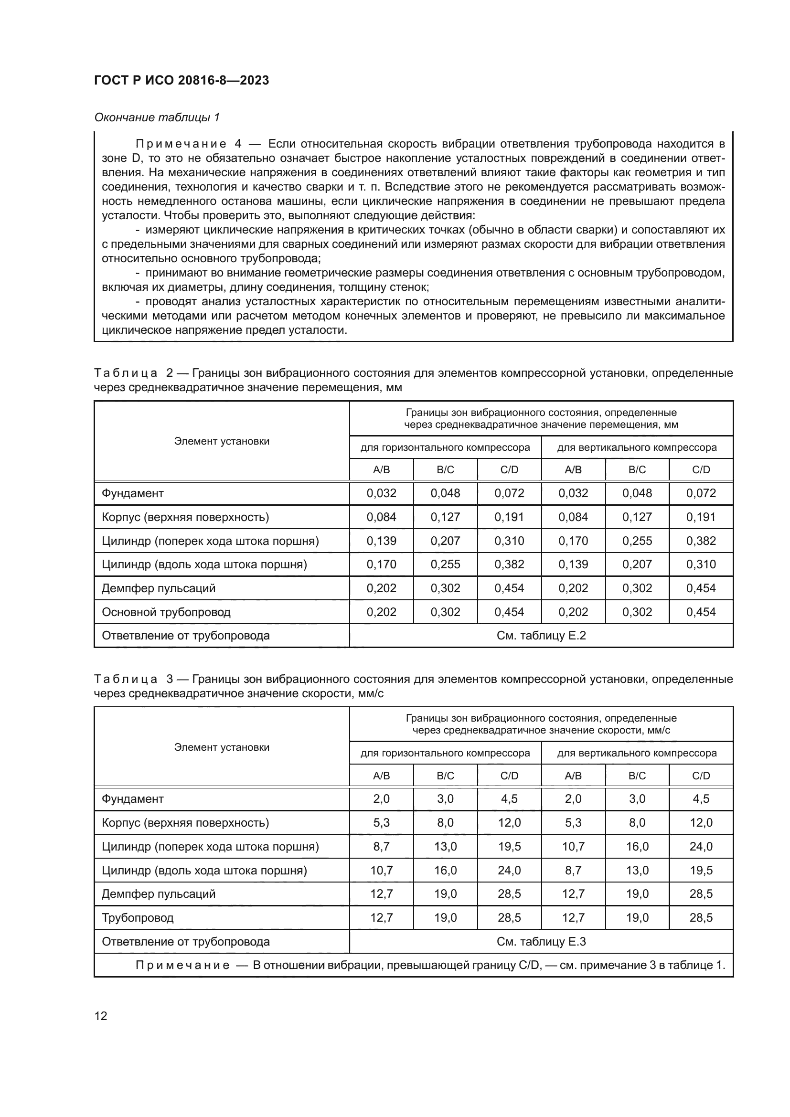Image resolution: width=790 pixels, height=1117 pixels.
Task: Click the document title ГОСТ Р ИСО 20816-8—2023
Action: (181, 80)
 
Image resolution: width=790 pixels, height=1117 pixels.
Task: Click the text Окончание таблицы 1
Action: (157, 117)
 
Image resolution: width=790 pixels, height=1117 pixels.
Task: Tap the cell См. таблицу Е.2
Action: (541, 635)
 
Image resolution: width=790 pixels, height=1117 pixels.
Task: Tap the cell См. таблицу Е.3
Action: (541, 941)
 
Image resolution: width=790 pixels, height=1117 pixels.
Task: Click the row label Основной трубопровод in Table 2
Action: (166, 612)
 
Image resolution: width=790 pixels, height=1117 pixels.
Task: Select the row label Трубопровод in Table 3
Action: (138, 917)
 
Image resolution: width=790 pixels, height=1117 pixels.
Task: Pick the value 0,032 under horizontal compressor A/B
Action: (381, 493)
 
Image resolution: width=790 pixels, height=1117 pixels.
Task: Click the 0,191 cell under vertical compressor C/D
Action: (701, 517)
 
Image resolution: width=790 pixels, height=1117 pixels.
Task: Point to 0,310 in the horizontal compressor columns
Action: (509, 541)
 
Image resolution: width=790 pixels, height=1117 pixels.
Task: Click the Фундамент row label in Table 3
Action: (133, 799)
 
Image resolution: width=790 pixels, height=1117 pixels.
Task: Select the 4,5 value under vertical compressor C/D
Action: (701, 799)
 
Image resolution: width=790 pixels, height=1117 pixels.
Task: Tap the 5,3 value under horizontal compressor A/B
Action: (381, 823)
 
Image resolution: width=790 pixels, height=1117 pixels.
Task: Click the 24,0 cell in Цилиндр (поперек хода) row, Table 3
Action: (701, 847)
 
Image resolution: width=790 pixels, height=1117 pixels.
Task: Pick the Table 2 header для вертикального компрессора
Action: (637, 447)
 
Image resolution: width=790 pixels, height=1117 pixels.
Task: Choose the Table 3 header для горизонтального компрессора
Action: (445, 753)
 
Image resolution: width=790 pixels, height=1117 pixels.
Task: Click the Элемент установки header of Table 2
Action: (222, 441)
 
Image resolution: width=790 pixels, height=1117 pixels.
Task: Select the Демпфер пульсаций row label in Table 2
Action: (159, 588)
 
